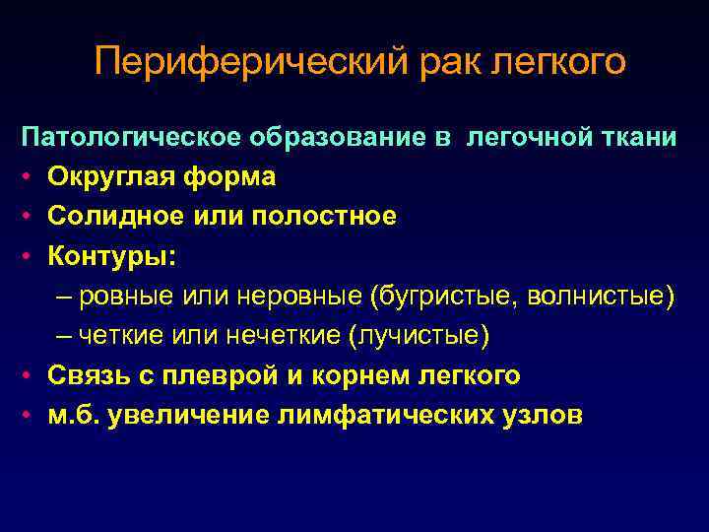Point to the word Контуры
pos(105,256)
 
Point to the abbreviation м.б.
pos(74,415)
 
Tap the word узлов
pos(538,415)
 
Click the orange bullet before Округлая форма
pos(31,177)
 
